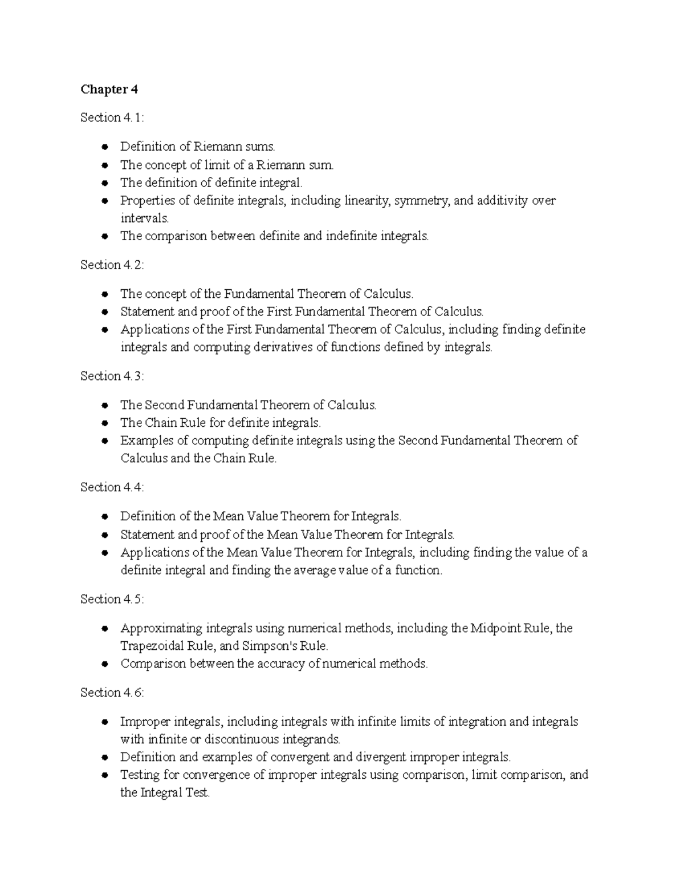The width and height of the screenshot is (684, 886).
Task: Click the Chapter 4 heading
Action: click(109, 90)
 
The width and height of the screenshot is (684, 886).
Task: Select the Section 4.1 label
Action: click(112, 118)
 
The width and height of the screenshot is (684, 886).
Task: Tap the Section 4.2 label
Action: click(112, 265)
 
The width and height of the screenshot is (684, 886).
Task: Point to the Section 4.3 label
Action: click(112, 376)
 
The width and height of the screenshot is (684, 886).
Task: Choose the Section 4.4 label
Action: click(112, 487)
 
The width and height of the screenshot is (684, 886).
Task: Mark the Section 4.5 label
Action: click(112, 599)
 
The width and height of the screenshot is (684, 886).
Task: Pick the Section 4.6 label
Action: click(112, 693)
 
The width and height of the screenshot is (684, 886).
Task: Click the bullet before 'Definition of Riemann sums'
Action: click(104, 147)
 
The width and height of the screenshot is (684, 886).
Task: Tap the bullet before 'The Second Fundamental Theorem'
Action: click(104, 406)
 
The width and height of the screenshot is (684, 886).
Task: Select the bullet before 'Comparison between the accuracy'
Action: click(104, 664)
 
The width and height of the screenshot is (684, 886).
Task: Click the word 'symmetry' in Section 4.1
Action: click(426, 201)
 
